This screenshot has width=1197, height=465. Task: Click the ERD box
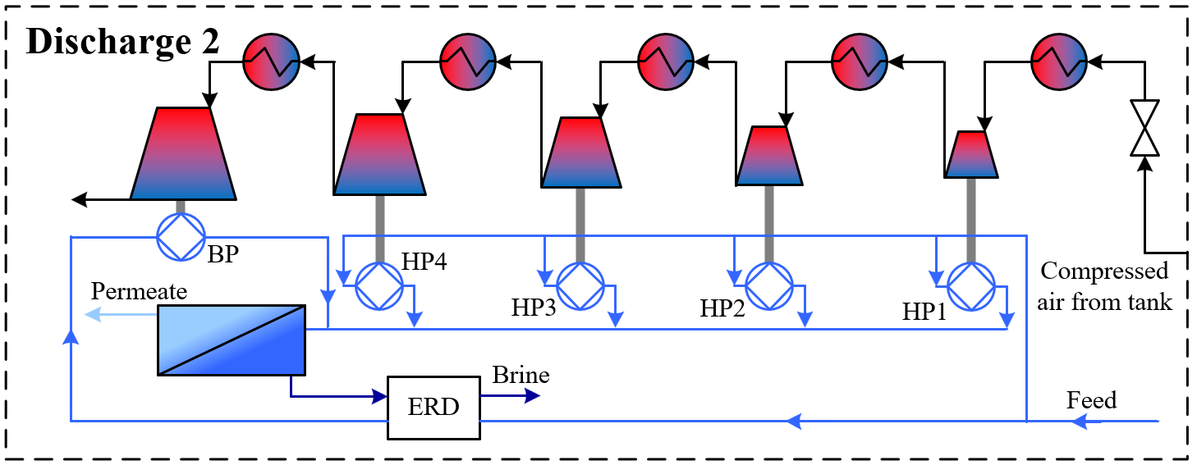pyautogui.click(x=433, y=408)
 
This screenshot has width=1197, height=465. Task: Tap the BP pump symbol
pyautogui.click(x=179, y=237)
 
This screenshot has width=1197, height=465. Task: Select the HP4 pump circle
pyautogui.click(x=379, y=286)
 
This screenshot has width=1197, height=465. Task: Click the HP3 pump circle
pyautogui.click(x=580, y=286)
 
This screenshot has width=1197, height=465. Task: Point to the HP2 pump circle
pyautogui.click(x=769, y=286)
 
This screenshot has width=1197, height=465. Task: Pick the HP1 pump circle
pyautogui.click(x=971, y=286)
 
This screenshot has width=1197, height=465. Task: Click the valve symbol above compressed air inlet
pyautogui.click(x=1144, y=128)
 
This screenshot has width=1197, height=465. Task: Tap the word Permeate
pyautogui.click(x=139, y=291)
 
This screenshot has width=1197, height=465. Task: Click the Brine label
pyautogui.click(x=521, y=376)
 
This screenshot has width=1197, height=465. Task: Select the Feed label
pyautogui.click(x=1091, y=400)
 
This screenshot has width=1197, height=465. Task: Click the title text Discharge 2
pyautogui.click(x=123, y=41)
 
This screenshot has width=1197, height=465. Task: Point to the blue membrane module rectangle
pyautogui.click(x=232, y=340)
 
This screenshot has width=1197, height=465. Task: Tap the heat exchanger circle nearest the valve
pyautogui.click(x=1059, y=62)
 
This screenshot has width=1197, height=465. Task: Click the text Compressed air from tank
pyautogui.click(x=1104, y=286)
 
